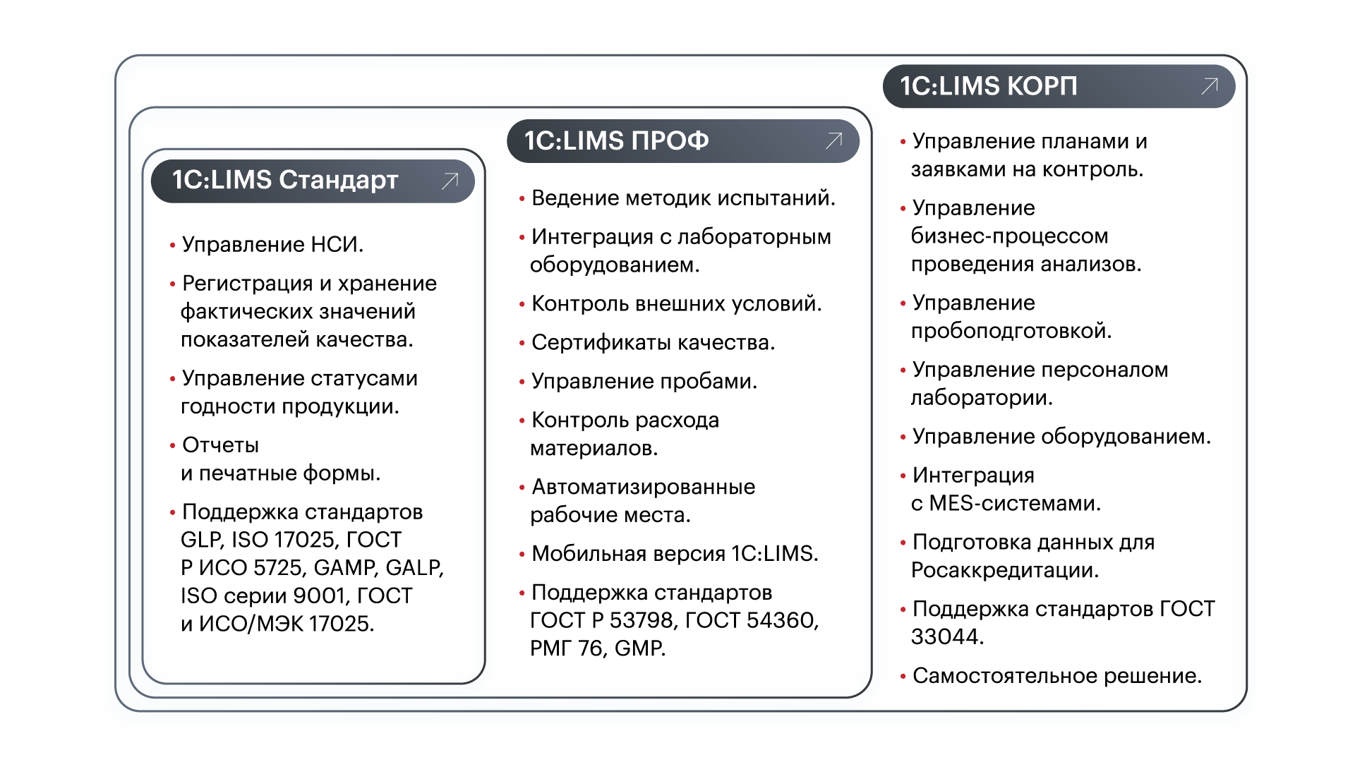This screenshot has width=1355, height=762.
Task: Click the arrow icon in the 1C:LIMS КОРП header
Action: pyautogui.click(x=1210, y=86)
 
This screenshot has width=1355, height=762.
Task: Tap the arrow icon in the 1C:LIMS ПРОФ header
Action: pyautogui.click(x=834, y=140)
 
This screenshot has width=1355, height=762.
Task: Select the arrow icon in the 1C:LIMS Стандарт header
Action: pyautogui.click(x=450, y=181)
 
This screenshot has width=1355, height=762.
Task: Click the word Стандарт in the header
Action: pyautogui.click(x=339, y=181)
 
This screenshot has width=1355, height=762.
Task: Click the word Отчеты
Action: pyautogui.click(x=220, y=445)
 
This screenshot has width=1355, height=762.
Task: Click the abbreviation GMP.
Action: pyautogui.click(x=639, y=648)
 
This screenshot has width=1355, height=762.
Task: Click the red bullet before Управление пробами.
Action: pyautogui.click(x=522, y=382)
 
